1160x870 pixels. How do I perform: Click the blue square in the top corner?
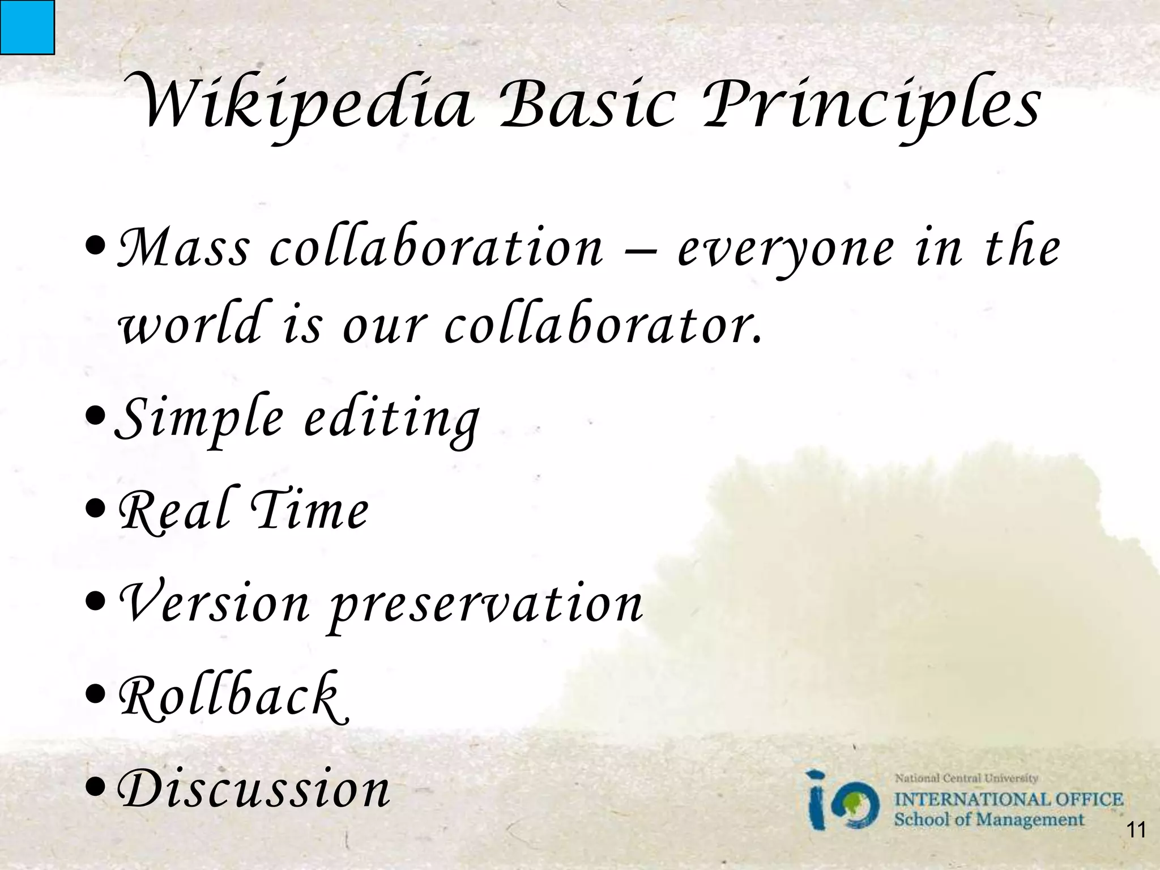(x=27, y=27)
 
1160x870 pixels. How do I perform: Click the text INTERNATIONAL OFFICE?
(x=1008, y=800)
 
